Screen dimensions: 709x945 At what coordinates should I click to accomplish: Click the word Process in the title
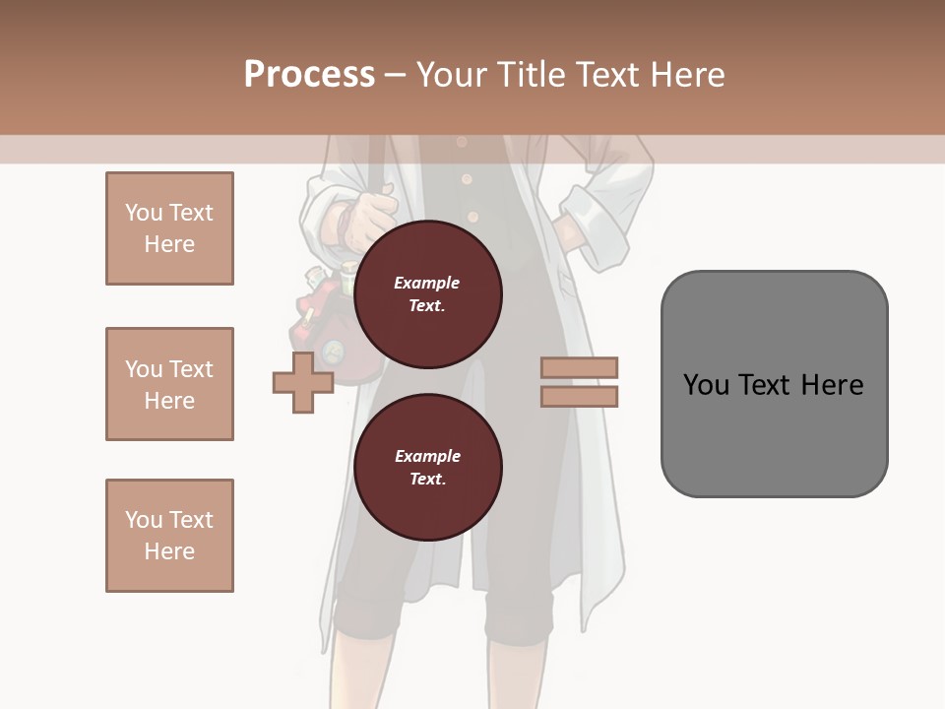(x=309, y=75)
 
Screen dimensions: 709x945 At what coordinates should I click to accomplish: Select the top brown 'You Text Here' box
(x=169, y=228)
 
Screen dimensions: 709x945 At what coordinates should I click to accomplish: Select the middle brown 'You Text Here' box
(x=169, y=384)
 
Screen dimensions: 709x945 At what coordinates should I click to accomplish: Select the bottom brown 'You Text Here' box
(x=169, y=536)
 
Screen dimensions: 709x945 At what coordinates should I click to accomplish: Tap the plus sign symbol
(x=303, y=382)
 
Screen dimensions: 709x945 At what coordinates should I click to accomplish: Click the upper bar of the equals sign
(x=579, y=367)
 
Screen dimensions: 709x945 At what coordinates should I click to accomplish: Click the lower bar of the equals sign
(x=579, y=396)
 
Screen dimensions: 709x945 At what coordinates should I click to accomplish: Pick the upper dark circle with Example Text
(x=427, y=293)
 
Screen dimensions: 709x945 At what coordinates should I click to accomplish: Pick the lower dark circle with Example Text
(x=427, y=467)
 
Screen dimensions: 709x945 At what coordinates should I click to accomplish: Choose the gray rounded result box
(x=774, y=384)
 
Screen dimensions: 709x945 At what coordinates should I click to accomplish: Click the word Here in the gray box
(x=833, y=384)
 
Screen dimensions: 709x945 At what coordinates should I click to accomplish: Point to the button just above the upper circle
(x=472, y=216)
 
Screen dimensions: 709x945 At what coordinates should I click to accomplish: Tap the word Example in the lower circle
(x=427, y=456)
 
